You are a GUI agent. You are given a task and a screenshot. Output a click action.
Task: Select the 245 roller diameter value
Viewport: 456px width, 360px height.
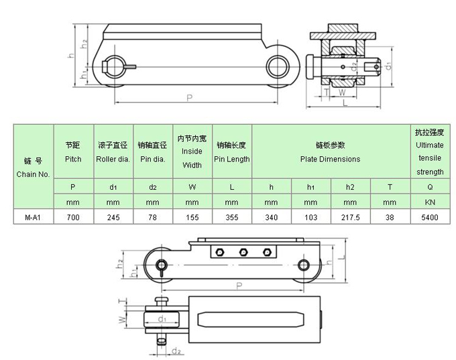coord(113,217)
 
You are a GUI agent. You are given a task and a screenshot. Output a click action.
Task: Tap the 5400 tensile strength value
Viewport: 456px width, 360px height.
coord(429,217)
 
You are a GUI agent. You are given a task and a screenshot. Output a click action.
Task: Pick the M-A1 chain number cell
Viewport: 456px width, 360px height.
coord(34,217)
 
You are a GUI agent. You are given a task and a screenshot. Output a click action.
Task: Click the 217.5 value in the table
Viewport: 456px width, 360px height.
coord(349,217)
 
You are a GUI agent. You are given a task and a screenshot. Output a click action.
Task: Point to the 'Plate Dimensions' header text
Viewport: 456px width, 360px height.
coord(329,159)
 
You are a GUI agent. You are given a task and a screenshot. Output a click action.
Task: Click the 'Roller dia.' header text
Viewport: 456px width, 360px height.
coord(113,159)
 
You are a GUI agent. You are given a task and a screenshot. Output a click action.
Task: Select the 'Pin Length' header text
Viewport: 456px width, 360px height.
coord(231,159)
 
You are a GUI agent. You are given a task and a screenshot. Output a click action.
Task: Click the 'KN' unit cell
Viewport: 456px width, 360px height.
coord(429,201)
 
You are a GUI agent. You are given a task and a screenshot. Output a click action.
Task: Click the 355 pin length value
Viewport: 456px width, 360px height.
coord(231,217)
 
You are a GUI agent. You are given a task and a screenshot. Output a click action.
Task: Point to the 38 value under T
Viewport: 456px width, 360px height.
coord(389,217)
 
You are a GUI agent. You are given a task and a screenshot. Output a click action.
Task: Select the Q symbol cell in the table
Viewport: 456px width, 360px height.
coord(429,186)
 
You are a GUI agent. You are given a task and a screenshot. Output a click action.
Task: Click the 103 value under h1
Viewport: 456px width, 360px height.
coord(310,217)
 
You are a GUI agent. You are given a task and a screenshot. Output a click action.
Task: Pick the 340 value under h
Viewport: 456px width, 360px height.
coord(270,217)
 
